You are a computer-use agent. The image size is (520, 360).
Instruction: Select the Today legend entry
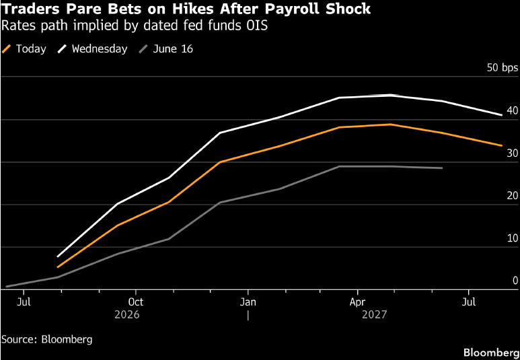(x=24, y=49)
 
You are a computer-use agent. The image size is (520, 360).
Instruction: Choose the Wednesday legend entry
(x=93, y=49)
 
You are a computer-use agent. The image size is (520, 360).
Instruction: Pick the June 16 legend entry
(x=165, y=49)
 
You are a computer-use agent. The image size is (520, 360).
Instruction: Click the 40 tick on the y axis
(x=513, y=110)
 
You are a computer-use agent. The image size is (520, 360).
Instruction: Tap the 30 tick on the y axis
(x=513, y=153)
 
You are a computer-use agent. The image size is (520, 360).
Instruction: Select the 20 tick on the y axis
(x=513, y=196)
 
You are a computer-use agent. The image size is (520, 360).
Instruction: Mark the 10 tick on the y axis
(x=513, y=238)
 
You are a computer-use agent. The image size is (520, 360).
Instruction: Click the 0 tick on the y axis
(x=515, y=281)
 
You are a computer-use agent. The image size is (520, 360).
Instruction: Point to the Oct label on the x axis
(x=136, y=302)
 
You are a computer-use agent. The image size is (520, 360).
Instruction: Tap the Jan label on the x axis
(x=248, y=302)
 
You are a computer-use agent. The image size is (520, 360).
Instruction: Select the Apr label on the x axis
(x=358, y=302)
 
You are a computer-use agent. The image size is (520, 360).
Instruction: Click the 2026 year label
(x=127, y=314)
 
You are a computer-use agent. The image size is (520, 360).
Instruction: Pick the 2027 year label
(x=375, y=314)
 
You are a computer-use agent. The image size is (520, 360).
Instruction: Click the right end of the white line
(x=502, y=115)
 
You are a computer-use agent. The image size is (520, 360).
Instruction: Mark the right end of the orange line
(x=502, y=145)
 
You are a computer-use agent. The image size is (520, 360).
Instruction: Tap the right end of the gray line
(x=442, y=168)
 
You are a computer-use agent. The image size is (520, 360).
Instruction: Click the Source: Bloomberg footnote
(x=47, y=339)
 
